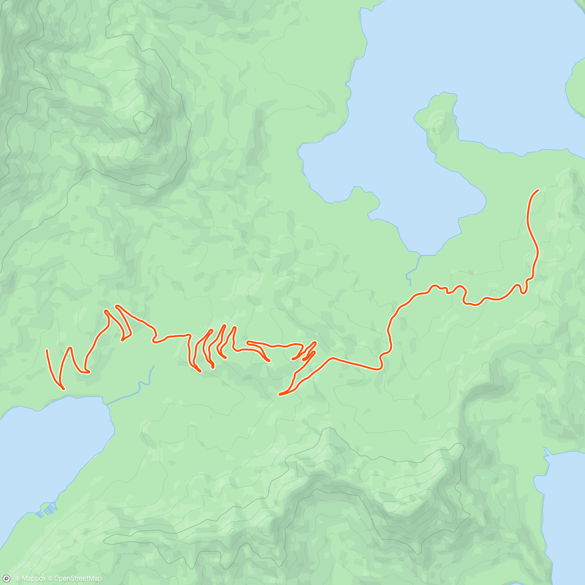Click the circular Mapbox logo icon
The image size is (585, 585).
[x=6, y=578]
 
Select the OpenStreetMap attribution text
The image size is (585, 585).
[x=78, y=579]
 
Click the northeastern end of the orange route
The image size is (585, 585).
[x=538, y=190]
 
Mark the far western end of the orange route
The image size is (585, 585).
[x=47, y=351]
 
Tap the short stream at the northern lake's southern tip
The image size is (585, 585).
[x=410, y=271]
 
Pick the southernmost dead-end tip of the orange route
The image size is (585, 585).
[x=279, y=394]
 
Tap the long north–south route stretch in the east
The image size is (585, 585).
[x=533, y=234]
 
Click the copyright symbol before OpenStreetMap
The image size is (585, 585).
[x=50, y=579]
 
